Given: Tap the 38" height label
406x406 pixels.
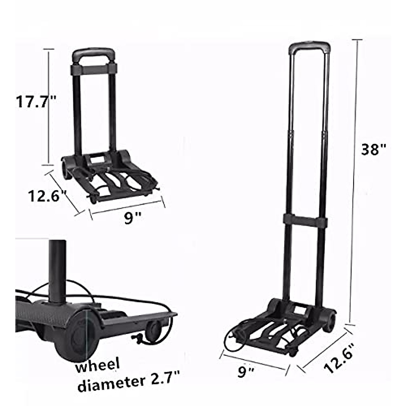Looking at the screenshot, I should point(373,149).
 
